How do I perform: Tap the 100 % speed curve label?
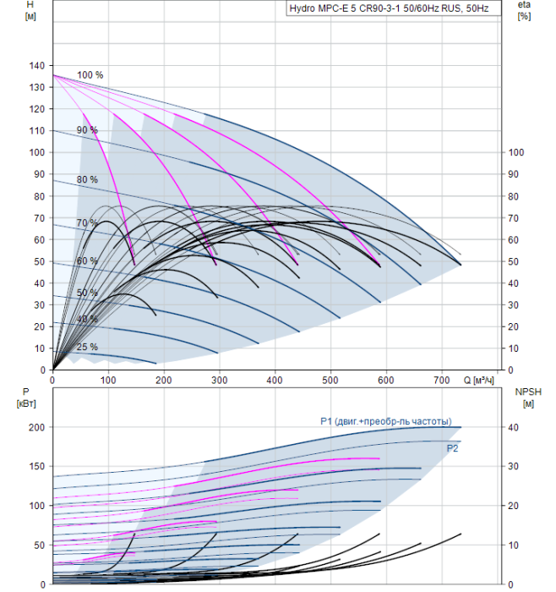[90, 74]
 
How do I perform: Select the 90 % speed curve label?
[87, 130]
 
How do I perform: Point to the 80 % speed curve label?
[87, 179]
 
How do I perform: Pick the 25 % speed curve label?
[87, 347]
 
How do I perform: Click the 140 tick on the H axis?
[37, 65]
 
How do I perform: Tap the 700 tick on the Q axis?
[442, 380]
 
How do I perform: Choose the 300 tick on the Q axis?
[220, 380]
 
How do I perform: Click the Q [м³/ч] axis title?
[478, 380]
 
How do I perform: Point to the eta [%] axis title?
[525, 10]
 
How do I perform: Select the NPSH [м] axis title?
[528, 397]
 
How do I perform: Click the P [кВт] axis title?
[26, 397]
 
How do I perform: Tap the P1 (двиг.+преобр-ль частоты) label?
[386, 421]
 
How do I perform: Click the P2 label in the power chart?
[452, 448]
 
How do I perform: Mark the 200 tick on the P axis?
[37, 427]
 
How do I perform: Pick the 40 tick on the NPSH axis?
[513, 427]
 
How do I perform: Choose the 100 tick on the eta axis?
[516, 152]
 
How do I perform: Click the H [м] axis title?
[30, 10]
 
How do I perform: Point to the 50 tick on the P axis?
[40, 545]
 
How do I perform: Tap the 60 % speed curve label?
[87, 260]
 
